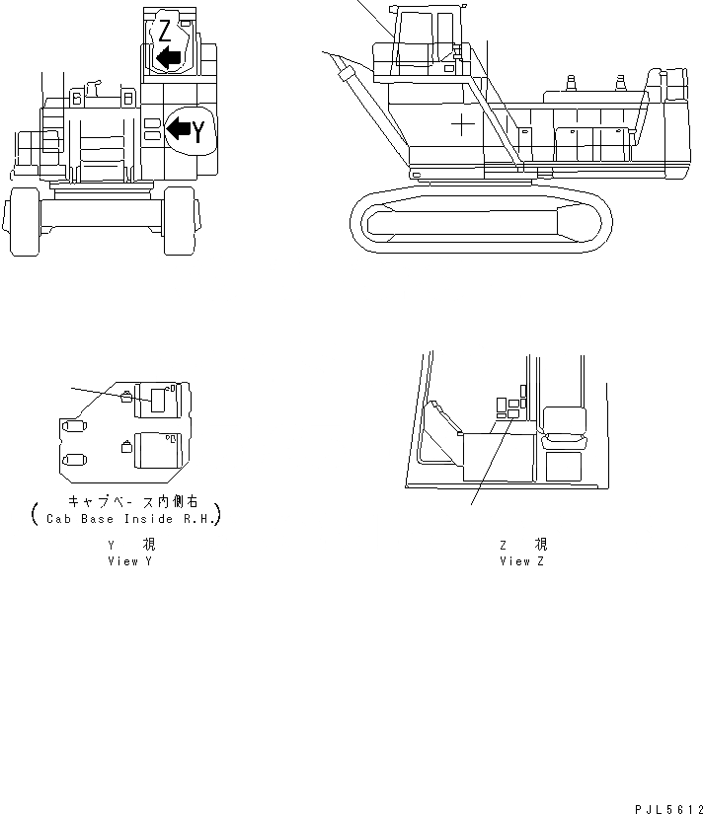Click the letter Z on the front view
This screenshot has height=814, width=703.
[x=164, y=30]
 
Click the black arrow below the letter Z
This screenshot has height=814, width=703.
[x=169, y=58]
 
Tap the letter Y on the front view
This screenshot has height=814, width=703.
[x=198, y=130]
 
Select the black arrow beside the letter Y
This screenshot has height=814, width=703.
[x=179, y=127]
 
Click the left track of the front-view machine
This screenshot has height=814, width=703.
[x=21, y=226]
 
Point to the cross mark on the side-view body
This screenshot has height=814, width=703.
[x=461, y=124]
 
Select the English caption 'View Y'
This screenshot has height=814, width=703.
[x=130, y=560]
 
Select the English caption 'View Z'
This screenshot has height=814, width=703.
[x=521, y=560]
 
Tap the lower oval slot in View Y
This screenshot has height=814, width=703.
[x=74, y=459]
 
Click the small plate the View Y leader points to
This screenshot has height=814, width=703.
[x=126, y=399]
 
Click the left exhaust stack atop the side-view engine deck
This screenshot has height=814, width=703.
[x=572, y=83]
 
